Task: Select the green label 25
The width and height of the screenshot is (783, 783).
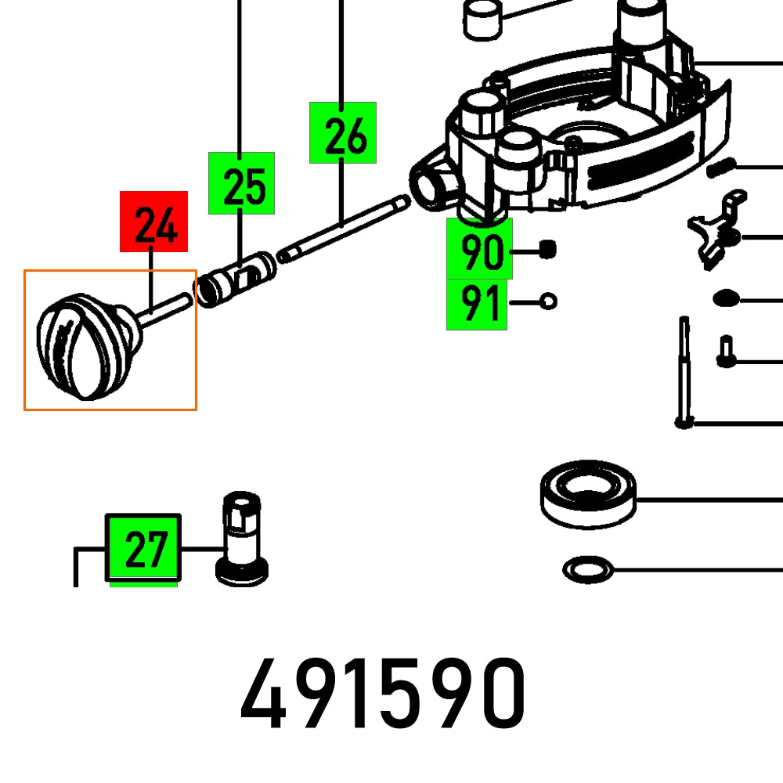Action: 241,183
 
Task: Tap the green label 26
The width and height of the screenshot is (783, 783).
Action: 343,132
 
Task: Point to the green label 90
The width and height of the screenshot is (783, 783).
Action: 479,251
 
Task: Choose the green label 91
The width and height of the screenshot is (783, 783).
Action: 477,304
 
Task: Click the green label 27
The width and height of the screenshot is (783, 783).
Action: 143,548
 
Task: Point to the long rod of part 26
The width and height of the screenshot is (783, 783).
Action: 345,228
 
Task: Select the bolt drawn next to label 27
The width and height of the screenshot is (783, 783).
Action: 242,540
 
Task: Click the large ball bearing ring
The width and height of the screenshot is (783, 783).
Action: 588,493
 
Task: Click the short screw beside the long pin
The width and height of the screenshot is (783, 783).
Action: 725,352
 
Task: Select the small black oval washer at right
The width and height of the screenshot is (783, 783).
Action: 725,298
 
